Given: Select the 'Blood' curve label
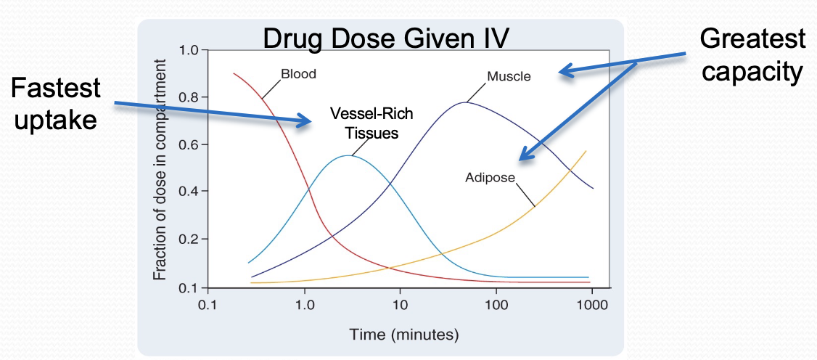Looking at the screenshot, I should (x=298, y=74).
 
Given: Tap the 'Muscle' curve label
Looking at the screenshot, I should (x=509, y=76).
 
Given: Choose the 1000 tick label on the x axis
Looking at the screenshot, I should (x=592, y=306).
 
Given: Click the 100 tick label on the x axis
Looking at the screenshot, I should (x=496, y=306).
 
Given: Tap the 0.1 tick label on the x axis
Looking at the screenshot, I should (x=208, y=306).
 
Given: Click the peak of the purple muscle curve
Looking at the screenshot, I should (x=466, y=102).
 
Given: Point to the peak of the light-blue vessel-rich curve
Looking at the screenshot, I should (x=351, y=155).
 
